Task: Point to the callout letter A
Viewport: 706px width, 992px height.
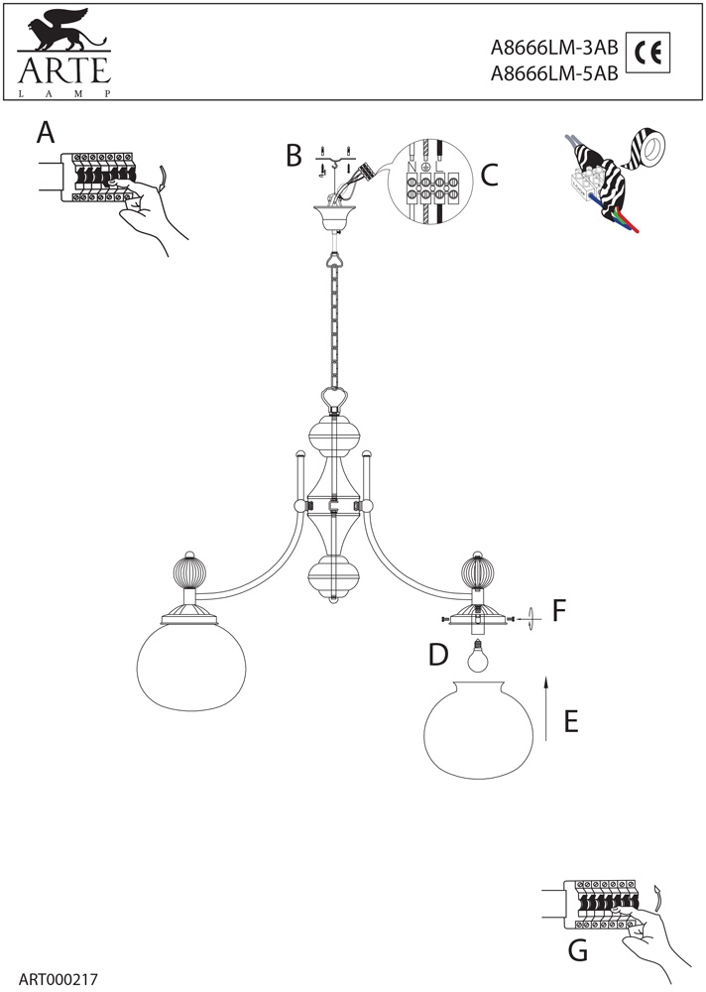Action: click(46, 132)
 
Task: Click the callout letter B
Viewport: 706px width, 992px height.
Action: click(294, 156)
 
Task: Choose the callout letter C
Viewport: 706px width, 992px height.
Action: click(488, 175)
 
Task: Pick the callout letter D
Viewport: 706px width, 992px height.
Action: click(440, 654)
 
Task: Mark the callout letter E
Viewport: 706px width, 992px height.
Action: click(570, 720)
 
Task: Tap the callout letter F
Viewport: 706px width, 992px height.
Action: click(559, 610)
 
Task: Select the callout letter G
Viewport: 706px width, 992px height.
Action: click(577, 951)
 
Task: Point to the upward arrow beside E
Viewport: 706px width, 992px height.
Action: click(544, 705)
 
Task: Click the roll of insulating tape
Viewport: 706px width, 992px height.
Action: click(651, 150)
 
